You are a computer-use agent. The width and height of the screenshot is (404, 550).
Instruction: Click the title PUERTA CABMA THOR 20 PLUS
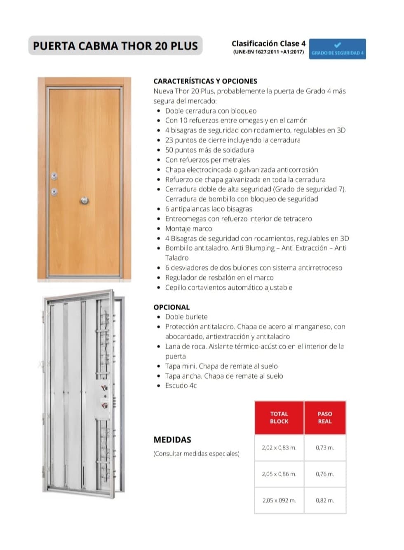point(115,46)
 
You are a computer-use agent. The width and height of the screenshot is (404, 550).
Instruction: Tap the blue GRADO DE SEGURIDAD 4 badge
point(337,49)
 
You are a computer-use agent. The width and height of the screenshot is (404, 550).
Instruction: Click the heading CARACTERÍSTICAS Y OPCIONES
point(205,81)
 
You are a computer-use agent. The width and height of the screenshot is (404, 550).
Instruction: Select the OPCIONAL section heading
point(171,307)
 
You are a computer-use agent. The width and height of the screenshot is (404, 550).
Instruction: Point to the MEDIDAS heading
point(172,440)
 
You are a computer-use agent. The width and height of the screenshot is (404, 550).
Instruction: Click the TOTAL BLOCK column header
point(279,417)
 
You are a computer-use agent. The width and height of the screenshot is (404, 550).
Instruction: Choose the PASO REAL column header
point(325,417)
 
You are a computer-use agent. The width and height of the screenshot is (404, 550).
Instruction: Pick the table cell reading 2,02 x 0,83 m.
point(279,447)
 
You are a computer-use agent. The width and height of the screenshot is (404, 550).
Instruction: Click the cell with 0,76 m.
point(325,474)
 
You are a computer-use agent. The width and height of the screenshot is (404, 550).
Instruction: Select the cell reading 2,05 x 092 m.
point(279,500)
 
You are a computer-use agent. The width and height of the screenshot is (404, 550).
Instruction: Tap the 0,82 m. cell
point(325,500)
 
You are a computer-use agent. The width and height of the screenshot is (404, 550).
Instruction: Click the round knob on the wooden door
point(85,200)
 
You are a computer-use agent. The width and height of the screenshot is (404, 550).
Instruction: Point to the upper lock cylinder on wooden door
point(54,176)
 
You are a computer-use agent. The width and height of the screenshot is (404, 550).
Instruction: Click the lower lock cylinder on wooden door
point(54,191)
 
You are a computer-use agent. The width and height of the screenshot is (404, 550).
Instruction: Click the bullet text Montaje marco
point(188,228)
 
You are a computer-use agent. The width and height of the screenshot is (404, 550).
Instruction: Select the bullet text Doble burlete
point(186,317)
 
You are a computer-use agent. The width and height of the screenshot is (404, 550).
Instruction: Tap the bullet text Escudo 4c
point(181,385)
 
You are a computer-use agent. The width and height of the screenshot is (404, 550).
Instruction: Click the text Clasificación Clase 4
point(268,43)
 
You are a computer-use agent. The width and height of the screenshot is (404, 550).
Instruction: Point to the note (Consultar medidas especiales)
point(196,454)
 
